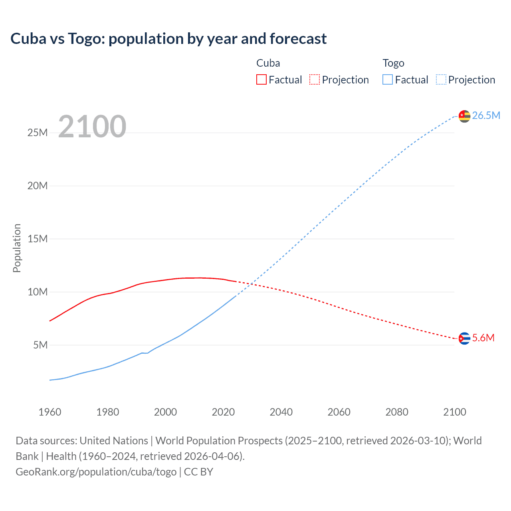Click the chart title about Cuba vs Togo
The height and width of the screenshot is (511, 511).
[168, 39]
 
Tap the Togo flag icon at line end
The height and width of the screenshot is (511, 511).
[464, 116]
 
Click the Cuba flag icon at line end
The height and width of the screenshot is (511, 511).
[464, 338]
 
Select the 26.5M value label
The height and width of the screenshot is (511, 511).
[486, 116]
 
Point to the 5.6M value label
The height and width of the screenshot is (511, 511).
[483, 338]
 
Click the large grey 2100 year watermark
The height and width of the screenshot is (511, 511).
[92, 127]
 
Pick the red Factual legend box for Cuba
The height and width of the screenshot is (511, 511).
[261, 80]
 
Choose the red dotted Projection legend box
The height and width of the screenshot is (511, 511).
[315, 80]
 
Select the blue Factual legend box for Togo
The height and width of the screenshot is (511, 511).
[388, 80]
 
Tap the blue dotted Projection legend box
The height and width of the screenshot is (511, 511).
[441, 80]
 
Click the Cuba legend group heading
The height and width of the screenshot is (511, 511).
[268, 63]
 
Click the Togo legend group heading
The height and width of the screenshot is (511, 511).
[393, 63]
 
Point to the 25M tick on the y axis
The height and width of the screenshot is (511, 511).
[38, 133]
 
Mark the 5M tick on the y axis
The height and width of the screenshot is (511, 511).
[40, 345]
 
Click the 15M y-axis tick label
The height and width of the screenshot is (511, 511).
[38, 239]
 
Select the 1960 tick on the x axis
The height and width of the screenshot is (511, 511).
[50, 412]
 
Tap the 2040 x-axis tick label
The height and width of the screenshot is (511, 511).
[281, 412]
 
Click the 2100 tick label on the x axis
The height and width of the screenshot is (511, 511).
[454, 412]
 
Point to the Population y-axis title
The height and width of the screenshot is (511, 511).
[17, 248]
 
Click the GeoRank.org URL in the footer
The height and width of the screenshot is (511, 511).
[96, 472]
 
